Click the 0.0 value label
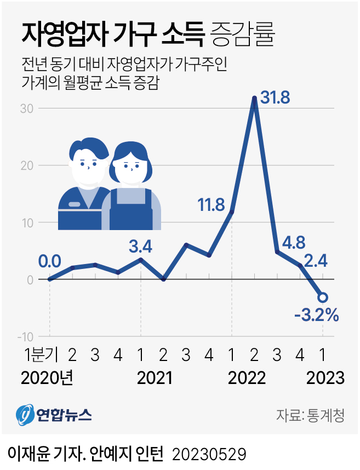pos(49,261)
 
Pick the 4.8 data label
pos(293,241)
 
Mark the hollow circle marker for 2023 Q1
pos(323,297)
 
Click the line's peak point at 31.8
pos(254,99)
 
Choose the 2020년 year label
pos(47,378)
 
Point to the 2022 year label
pos(247,378)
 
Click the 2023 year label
pos(325,378)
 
